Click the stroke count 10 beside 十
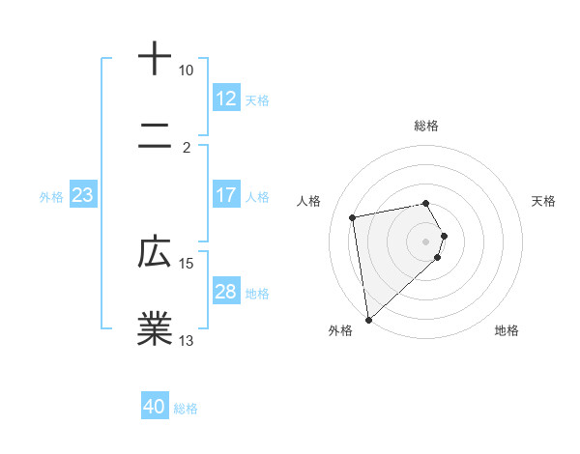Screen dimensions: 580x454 (x=186, y=71)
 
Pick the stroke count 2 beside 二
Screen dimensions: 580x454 (x=187, y=147)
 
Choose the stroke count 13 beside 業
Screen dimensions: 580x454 (x=186, y=340)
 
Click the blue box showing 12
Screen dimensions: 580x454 (x=225, y=99)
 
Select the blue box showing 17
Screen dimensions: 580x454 (x=225, y=195)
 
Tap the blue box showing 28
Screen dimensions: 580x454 (x=225, y=292)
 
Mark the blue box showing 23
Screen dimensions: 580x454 (x=82, y=195)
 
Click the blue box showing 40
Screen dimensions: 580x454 (x=155, y=407)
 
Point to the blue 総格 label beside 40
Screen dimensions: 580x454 (x=186, y=409)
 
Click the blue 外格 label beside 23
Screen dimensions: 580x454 (x=51, y=197)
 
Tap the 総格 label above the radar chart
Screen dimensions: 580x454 (x=426, y=126)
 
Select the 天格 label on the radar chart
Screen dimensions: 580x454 (x=543, y=201)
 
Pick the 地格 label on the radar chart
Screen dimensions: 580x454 (x=507, y=330)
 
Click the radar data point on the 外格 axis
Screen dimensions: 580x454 (x=367, y=319)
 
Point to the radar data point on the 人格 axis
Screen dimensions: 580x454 (x=353, y=216)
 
